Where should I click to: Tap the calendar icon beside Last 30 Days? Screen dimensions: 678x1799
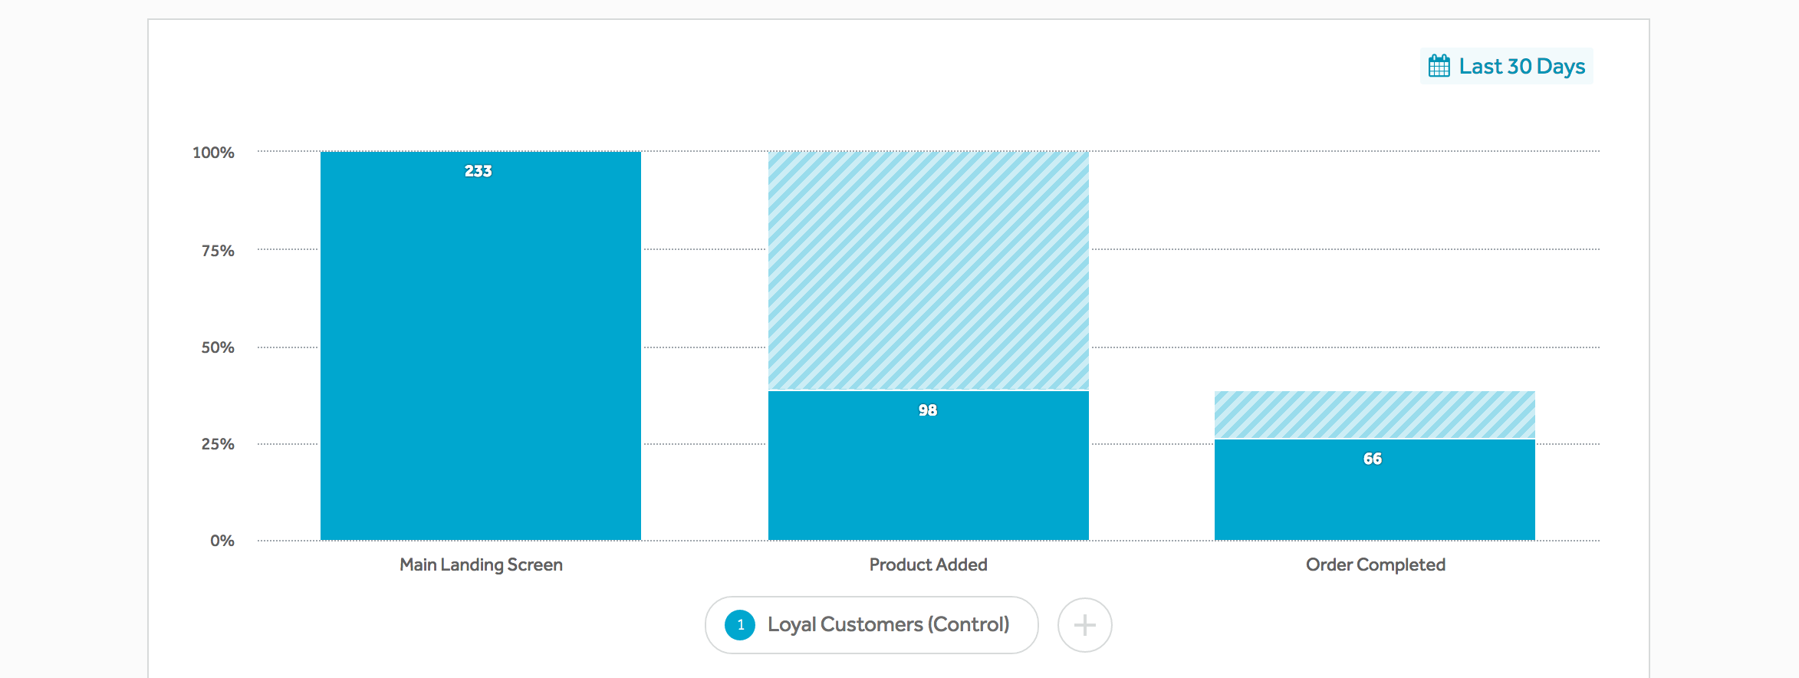pos(1439,66)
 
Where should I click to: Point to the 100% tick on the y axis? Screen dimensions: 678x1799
pos(213,153)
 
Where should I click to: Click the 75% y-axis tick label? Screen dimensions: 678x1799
pos(218,251)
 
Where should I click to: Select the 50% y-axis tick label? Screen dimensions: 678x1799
pos(218,347)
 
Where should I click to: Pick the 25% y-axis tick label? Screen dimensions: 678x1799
pos(218,444)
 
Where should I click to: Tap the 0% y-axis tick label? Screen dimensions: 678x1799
pos(222,541)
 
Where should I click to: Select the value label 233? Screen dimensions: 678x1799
pos(478,171)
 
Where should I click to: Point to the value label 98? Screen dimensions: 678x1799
pos(928,410)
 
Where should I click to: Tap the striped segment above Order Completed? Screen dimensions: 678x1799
pos(1374,415)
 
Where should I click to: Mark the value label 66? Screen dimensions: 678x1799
pos(1373,459)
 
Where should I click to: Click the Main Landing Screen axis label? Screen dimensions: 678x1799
pos(481,565)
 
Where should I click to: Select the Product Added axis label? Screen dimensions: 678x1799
pos(928,565)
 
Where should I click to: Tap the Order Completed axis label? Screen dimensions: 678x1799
pos(1375,565)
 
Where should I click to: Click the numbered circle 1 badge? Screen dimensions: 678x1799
pos(740,625)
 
